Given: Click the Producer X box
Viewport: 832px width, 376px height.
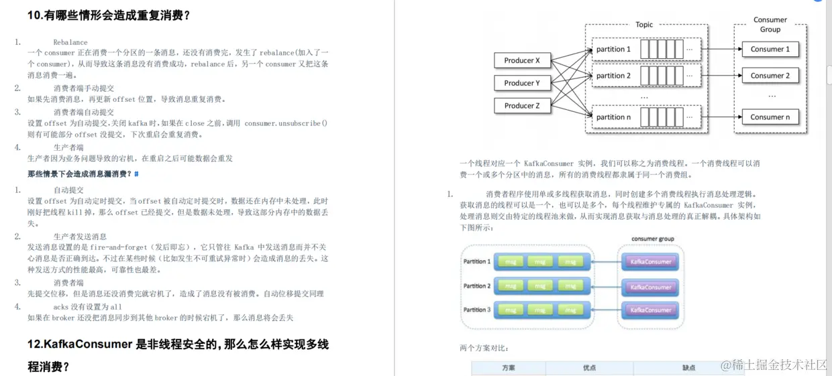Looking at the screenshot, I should tap(522, 60).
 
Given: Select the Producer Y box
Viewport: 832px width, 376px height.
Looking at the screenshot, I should tap(522, 83).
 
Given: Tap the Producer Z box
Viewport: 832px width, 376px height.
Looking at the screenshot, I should tap(522, 106).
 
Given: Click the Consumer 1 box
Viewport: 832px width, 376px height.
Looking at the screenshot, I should tap(770, 50).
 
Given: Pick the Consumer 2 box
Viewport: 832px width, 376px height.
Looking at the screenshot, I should tap(770, 76).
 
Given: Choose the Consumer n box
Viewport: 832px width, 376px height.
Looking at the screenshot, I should tap(770, 117).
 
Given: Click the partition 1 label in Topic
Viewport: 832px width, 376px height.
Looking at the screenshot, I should tap(613, 50).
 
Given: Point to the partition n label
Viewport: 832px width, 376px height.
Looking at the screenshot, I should tap(613, 117).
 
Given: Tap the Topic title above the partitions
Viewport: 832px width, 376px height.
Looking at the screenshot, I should tap(644, 25).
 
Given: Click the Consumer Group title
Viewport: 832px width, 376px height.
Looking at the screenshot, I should tap(770, 25).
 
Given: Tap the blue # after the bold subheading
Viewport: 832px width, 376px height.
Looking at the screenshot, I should tap(137, 174).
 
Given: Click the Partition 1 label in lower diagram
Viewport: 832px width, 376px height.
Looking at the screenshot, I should tap(476, 261).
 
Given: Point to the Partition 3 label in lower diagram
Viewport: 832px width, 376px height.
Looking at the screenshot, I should tap(476, 310).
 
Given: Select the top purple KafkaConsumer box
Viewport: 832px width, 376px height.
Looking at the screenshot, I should tap(651, 262).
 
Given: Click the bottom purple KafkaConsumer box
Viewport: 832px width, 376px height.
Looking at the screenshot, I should tap(651, 310).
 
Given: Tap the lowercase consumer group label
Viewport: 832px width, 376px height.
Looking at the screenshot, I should tap(652, 239).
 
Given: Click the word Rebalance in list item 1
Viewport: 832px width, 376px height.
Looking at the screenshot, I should tap(70, 42).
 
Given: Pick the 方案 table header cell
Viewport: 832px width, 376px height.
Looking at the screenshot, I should tap(509, 368).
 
